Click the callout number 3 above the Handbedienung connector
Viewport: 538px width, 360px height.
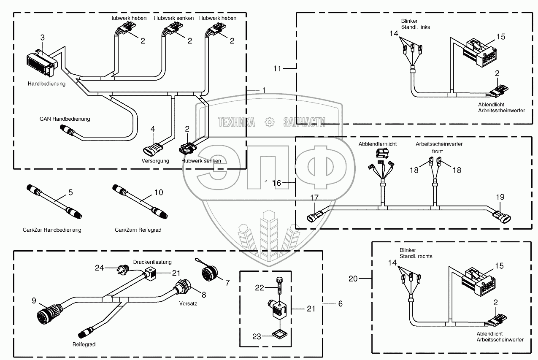(x=42, y=38)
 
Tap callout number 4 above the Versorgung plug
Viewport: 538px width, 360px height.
(x=153, y=129)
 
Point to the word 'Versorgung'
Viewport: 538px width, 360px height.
(x=155, y=161)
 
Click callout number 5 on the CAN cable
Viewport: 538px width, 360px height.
(x=70, y=192)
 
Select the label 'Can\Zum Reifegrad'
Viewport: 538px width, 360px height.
(x=138, y=230)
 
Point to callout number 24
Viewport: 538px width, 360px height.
(x=99, y=267)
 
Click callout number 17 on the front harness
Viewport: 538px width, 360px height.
(x=315, y=198)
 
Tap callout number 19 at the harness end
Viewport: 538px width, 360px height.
(x=500, y=197)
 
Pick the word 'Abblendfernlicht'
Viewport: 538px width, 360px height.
(x=378, y=144)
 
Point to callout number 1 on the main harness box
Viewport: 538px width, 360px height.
(x=264, y=90)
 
